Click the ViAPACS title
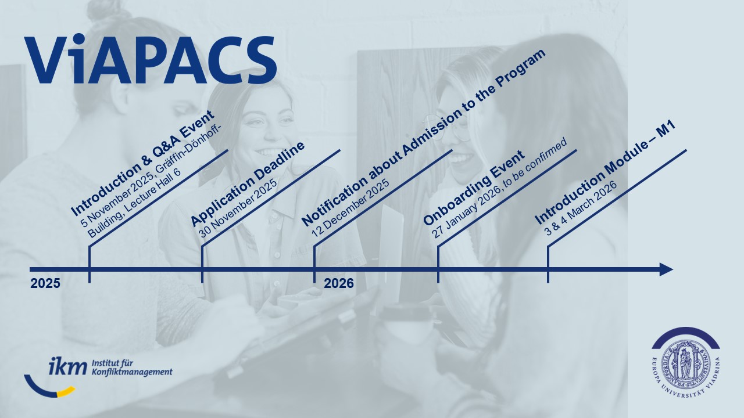click(150, 59)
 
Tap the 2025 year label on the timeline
click(45, 284)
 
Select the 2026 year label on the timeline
click(339, 284)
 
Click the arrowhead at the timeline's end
click(666, 269)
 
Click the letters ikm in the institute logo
click(67, 366)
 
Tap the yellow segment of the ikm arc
click(66, 391)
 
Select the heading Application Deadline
click(248, 185)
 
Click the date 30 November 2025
click(238, 208)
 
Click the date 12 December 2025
click(350, 208)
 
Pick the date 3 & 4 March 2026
click(581, 208)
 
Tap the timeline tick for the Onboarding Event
click(438, 264)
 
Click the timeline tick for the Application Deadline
click(202, 264)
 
